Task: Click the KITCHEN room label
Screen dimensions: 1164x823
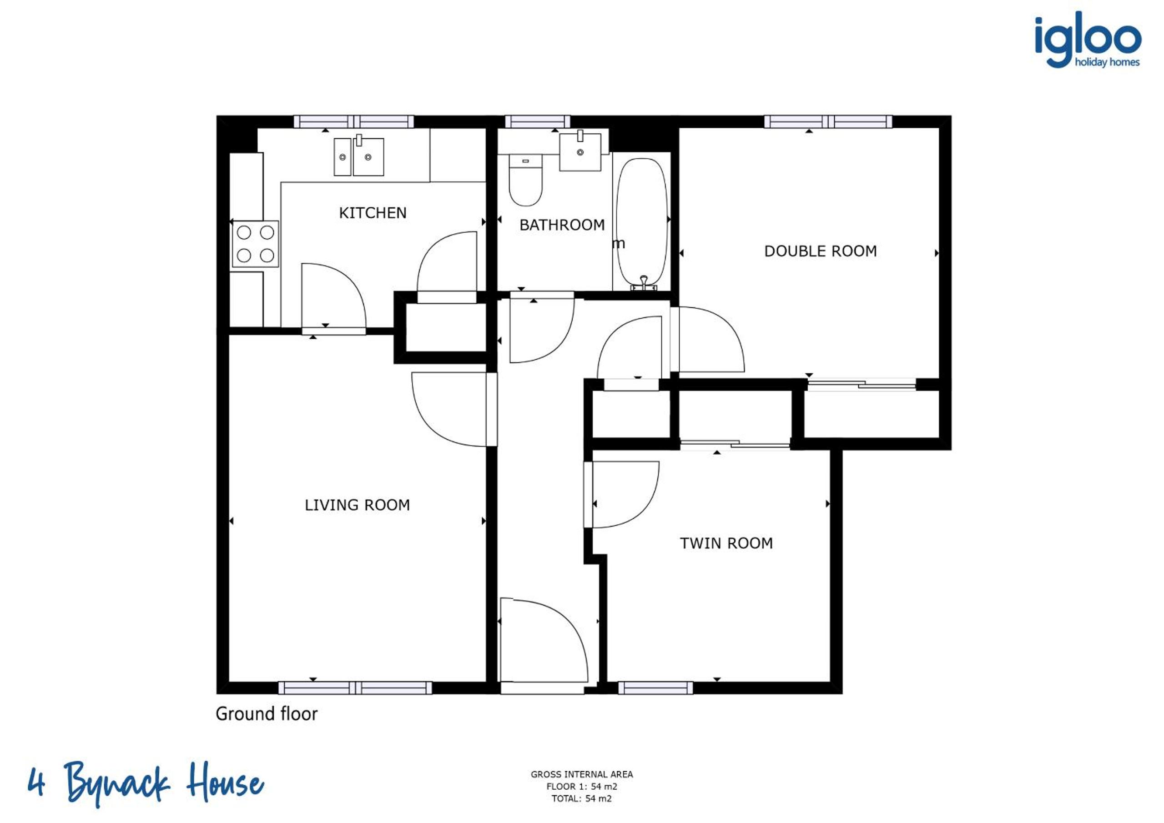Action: (373, 213)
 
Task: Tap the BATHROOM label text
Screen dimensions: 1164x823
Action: (562, 225)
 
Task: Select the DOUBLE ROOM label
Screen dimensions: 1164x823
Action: (820, 251)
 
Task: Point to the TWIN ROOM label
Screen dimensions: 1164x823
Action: (726, 543)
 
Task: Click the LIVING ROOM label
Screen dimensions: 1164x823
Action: (357, 505)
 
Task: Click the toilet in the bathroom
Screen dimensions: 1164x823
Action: (526, 181)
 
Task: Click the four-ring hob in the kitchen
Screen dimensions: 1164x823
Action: (256, 244)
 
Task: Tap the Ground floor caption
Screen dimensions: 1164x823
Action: (267, 714)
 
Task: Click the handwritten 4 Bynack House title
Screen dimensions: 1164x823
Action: (146, 783)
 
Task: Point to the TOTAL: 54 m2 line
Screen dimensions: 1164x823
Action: (581, 799)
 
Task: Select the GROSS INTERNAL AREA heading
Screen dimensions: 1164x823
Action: (581, 774)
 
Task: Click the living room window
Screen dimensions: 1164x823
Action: (355, 688)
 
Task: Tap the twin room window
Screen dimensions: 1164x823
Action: (655, 688)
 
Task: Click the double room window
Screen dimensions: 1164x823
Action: (828, 121)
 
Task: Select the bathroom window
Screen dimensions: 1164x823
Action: (537, 121)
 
